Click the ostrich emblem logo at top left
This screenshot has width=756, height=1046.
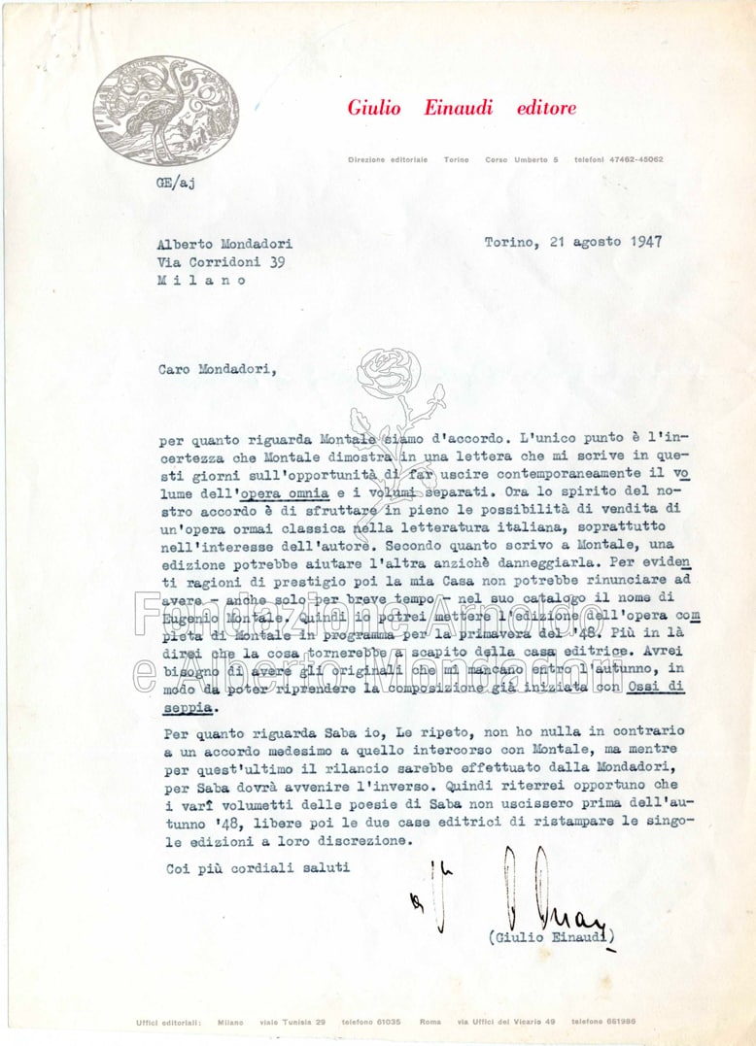click(166, 110)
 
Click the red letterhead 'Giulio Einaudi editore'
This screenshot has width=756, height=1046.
click(462, 108)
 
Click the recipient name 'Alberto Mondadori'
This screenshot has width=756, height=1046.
click(224, 244)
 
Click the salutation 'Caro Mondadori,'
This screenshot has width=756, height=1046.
click(216, 368)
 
